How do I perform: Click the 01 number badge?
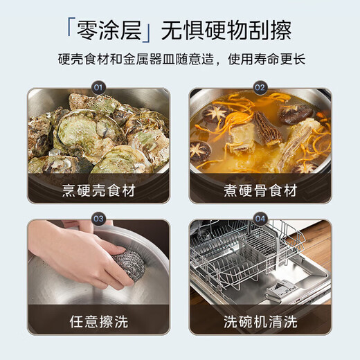point(98,88)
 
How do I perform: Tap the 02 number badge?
point(260,88)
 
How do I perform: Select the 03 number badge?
point(98,219)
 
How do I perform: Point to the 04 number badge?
point(260,219)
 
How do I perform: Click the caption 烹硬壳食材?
point(98,190)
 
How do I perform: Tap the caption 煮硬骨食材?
point(260,190)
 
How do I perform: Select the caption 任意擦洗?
point(98,321)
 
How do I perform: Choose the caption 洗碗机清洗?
point(260,321)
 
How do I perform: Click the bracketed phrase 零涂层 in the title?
point(110,30)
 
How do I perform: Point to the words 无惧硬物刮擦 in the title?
point(226,30)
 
